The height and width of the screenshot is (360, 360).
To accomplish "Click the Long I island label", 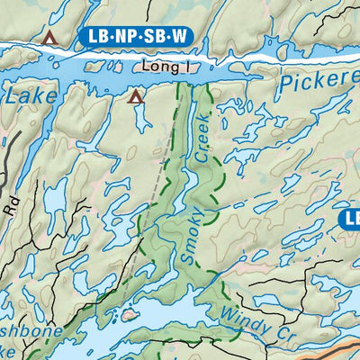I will click(164, 67).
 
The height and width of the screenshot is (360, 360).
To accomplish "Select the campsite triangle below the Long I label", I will click(136, 96).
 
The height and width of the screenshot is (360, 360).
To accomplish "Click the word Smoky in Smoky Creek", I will click(190, 238).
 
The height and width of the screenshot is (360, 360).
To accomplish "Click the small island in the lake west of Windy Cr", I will click(129, 316).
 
